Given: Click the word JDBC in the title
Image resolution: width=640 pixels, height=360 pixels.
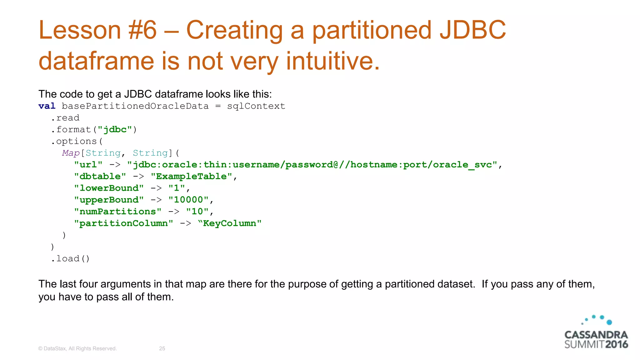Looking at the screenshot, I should (x=472, y=30).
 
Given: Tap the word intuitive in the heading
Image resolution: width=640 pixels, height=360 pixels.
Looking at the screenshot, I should (x=332, y=61).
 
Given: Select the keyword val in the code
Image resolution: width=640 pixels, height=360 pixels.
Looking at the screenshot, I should (x=47, y=106).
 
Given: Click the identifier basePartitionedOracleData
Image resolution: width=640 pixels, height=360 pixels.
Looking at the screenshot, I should (x=135, y=106).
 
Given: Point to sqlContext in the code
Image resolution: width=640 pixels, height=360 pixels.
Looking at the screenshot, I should (x=256, y=106).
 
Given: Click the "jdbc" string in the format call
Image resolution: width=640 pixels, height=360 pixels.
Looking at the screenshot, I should (x=115, y=130).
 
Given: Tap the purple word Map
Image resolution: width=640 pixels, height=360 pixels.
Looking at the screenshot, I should (x=71, y=153).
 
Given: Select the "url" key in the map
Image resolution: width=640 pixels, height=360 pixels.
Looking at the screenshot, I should (x=88, y=165).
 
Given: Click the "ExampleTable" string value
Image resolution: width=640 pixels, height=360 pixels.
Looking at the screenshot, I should (x=192, y=177).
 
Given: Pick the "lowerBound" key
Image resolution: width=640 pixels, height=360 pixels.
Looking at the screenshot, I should (x=109, y=188).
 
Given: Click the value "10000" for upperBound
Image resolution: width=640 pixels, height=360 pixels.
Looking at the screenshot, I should (x=188, y=200).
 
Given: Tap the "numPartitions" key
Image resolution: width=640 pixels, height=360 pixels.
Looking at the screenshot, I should (x=117, y=212).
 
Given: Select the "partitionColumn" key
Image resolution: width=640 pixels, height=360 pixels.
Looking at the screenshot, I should (x=123, y=223).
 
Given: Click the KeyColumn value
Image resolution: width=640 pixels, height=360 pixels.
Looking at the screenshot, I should (x=230, y=223).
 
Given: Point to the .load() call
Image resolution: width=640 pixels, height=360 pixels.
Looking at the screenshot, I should (x=70, y=259).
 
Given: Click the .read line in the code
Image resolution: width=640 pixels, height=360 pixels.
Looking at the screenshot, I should (x=65, y=118).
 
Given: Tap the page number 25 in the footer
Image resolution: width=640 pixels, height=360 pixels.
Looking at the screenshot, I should (x=162, y=348).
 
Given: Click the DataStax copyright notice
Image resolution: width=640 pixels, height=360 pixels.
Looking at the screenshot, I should (x=77, y=348).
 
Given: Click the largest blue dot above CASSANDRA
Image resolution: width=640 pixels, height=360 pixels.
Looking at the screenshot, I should (x=609, y=322).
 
